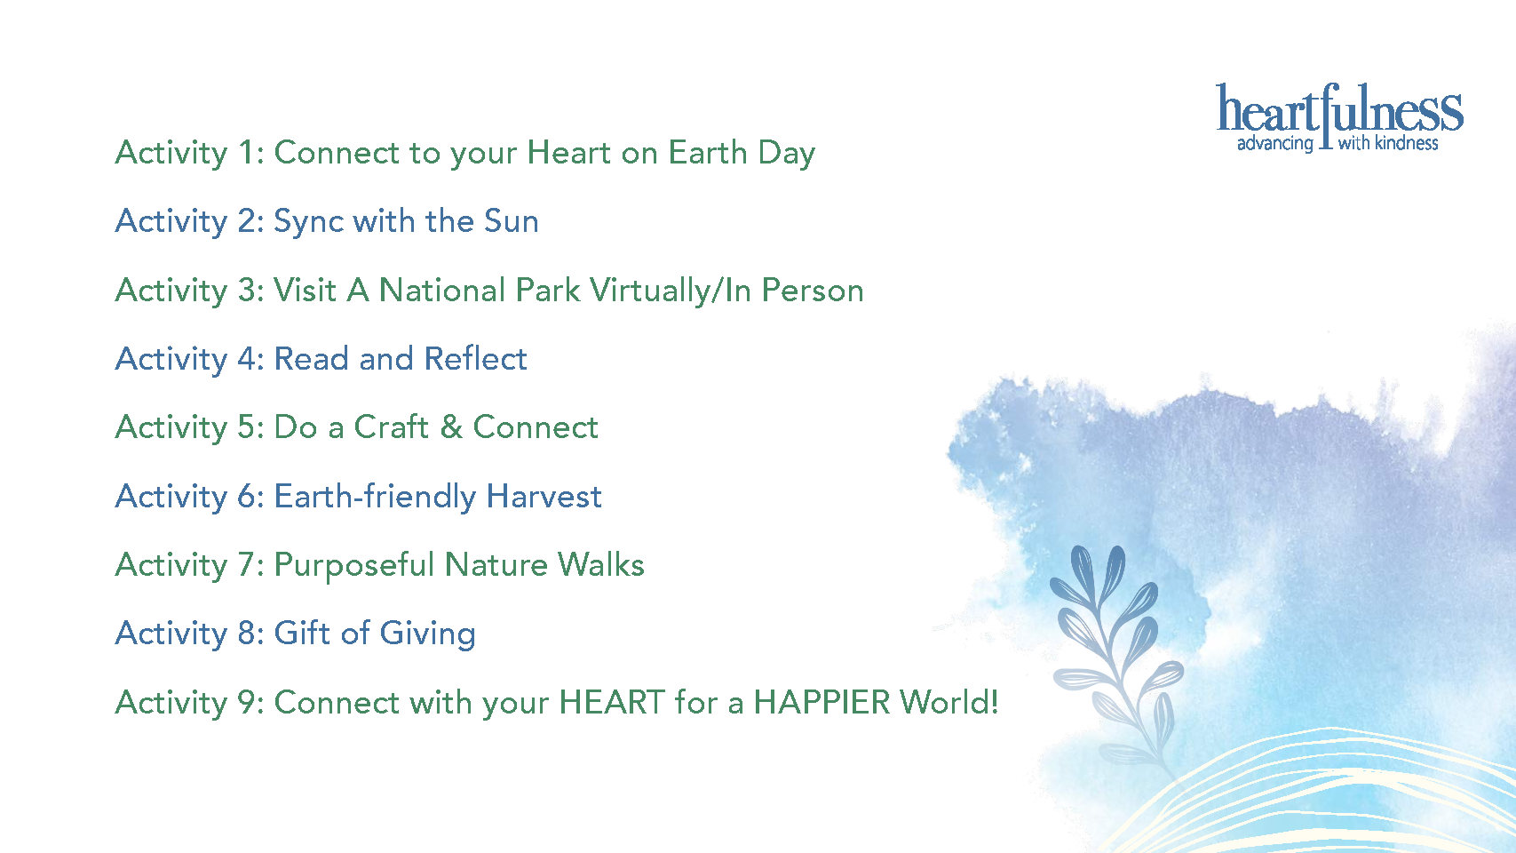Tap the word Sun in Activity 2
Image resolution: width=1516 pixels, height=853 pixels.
(x=511, y=221)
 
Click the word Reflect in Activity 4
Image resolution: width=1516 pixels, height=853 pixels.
(x=475, y=358)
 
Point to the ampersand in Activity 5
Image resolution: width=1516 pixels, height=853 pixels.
(x=451, y=427)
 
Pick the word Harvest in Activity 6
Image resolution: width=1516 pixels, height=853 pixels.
(x=544, y=496)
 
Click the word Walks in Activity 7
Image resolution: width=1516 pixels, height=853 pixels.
(x=600, y=564)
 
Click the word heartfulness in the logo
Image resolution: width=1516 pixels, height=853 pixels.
(x=1339, y=108)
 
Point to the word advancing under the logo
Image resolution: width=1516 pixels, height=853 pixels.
(x=1275, y=144)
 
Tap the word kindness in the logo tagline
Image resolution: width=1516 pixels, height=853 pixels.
(x=1407, y=143)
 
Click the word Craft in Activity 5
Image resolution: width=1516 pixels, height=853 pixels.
(x=391, y=427)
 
